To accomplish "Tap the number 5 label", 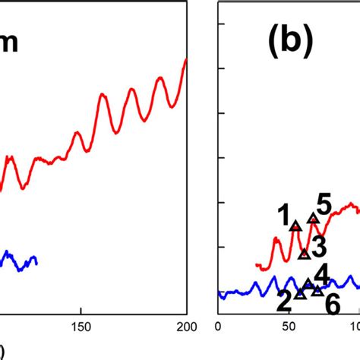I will pyautogui.click(x=324, y=204).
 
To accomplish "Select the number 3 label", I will pyautogui.click(x=319, y=246).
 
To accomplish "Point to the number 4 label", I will pyautogui.click(x=321, y=273).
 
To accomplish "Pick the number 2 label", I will pyautogui.click(x=284, y=303).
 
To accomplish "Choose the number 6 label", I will pyautogui.click(x=332, y=304).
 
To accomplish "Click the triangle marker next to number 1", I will pyautogui.click(x=295, y=225).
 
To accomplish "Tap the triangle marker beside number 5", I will pyautogui.click(x=312, y=219).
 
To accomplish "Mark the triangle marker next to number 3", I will pyautogui.click(x=304, y=253).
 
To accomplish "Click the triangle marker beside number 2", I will pyautogui.click(x=300, y=292).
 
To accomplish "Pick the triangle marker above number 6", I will pyautogui.click(x=317, y=290).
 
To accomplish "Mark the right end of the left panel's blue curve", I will pyautogui.click(x=36, y=261).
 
